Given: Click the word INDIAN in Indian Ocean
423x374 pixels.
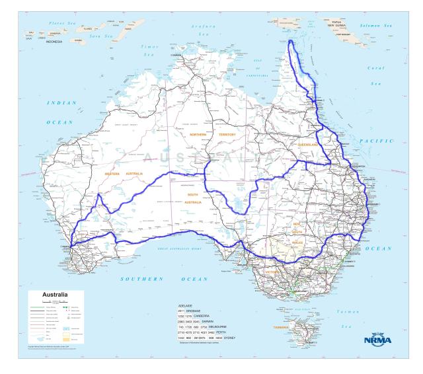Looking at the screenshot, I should pos(61,103).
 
